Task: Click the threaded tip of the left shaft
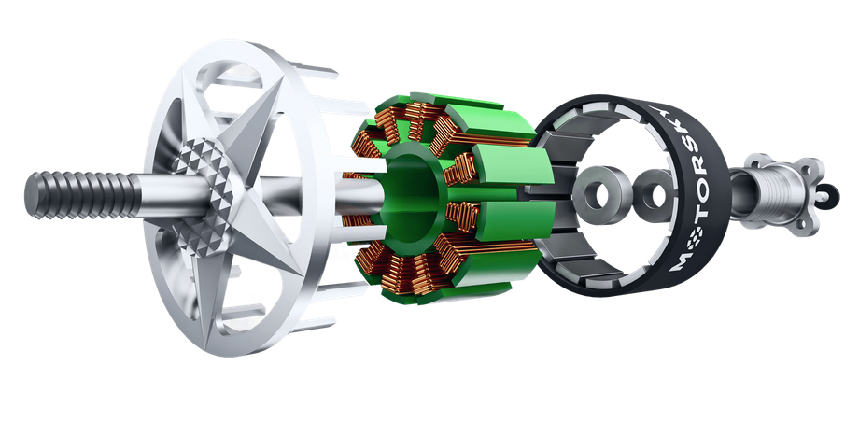82,194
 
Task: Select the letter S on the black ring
684,146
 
